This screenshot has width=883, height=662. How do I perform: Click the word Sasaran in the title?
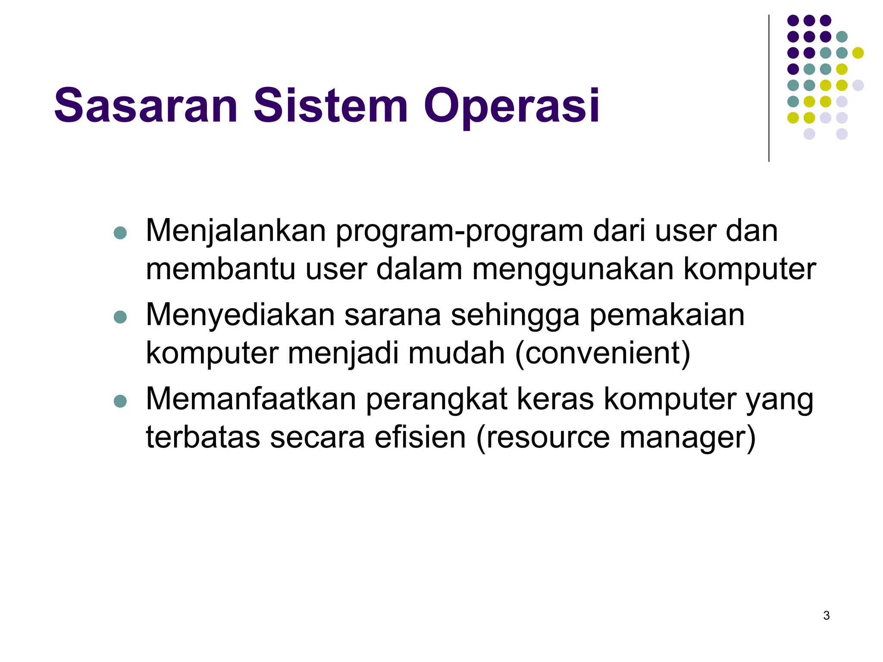[146, 106]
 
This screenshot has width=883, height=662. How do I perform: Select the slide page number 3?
[826, 615]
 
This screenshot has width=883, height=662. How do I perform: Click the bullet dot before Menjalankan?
[120, 233]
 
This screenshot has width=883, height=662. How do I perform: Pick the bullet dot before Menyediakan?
[120, 317]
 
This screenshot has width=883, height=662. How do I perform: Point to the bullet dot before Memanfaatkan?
[120, 401]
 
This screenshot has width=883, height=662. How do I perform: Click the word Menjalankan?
[235, 231]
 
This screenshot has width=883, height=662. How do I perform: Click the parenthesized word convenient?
[603, 353]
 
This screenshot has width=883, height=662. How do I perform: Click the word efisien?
[420, 437]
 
